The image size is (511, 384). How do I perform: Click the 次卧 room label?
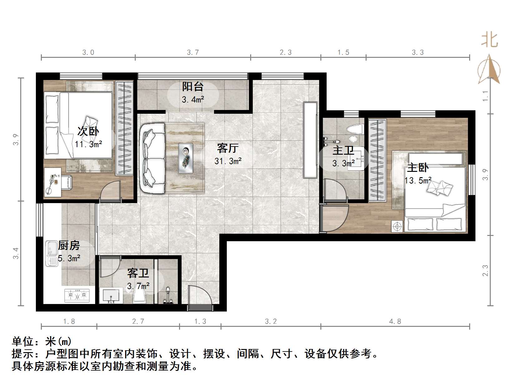pyautogui.click(x=88, y=131)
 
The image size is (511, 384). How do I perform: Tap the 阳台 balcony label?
pyautogui.click(x=193, y=87)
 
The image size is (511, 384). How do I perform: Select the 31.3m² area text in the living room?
pyautogui.click(x=228, y=161)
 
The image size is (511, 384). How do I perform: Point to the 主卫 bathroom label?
pyautogui.click(x=343, y=151)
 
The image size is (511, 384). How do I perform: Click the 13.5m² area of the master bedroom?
pyautogui.click(x=418, y=181)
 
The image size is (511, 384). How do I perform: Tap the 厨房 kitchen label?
pyautogui.click(x=69, y=246)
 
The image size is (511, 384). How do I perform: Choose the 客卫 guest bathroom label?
pyautogui.click(x=138, y=273)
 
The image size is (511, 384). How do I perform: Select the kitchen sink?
pyautogui.click(x=52, y=253)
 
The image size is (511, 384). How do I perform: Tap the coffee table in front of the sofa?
pyautogui.click(x=186, y=158)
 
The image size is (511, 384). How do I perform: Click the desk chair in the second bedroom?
pyautogui.click(x=66, y=182)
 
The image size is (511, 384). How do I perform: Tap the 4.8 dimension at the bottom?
pyautogui.click(x=395, y=322)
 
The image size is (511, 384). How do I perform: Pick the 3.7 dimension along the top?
pyautogui.click(x=193, y=52)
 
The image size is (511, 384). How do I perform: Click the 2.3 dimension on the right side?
pyautogui.click(x=485, y=270)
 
